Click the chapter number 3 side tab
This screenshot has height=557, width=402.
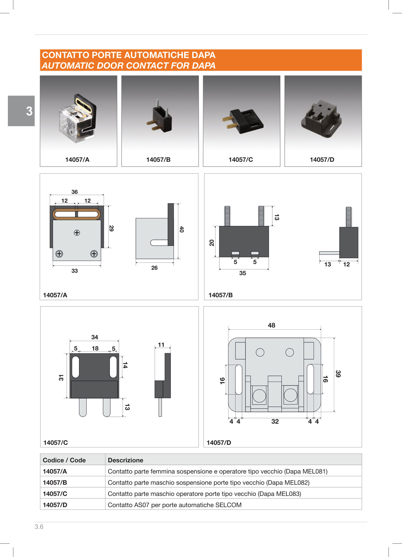pos(21,111)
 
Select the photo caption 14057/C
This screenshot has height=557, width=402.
pos(241,160)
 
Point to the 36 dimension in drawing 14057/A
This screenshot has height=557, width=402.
pos(74,192)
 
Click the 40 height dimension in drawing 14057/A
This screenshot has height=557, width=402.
pos(182,229)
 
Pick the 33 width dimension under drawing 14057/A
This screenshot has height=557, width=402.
pos(74,271)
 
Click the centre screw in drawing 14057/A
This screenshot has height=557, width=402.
pos(77,233)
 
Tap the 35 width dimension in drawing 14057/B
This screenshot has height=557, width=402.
pos(242,273)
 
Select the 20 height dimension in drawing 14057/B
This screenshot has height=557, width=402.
pos(212,243)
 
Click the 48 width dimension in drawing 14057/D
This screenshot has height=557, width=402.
pos(272,325)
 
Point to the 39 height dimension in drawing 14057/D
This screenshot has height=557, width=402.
pos(338,374)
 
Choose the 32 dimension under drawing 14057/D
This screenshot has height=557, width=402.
pos(275,422)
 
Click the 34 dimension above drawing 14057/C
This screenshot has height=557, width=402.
pos(95,337)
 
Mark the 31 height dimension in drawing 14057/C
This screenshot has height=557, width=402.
pos(61,377)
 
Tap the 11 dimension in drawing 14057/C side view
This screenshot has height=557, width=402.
pos(161,345)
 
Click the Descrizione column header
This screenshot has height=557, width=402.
pos(126,460)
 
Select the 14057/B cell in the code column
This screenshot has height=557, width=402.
pos(55,483)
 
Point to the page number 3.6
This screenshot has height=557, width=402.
pos(39,527)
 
